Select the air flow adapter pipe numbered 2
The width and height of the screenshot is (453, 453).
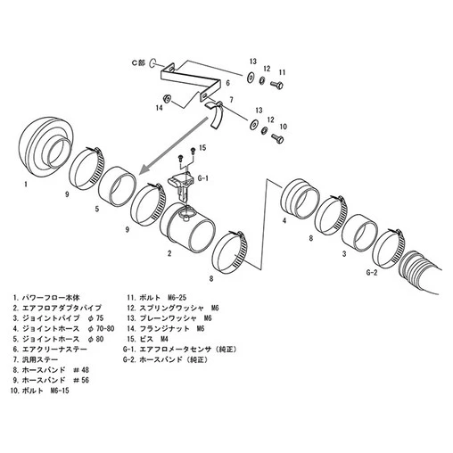[x=187, y=227]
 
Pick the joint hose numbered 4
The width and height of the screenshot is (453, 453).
[x=300, y=198]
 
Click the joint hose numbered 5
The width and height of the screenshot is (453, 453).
[x=116, y=186]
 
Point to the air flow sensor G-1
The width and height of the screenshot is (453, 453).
[x=180, y=185]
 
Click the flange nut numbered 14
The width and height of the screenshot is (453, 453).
[x=168, y=98]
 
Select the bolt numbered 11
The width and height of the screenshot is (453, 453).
[x=276, y=85]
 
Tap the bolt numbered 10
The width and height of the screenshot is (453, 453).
[x=277, y=138]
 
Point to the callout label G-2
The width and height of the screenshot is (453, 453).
[x=372, y=272]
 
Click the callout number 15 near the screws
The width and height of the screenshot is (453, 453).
[x=202, y=148]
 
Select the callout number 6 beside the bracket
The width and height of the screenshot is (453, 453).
[x=227, y=83]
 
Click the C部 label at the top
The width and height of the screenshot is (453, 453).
[x=138, y=62]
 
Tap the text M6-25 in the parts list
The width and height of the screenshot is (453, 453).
[x=177, y=298]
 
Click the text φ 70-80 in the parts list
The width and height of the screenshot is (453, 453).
[x=102, y=329]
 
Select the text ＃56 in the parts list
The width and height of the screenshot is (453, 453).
[x=81, y=380]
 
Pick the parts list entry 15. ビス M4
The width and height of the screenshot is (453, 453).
[x=148, y=339]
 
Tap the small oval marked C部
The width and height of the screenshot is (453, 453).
[x=152, y=62]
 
